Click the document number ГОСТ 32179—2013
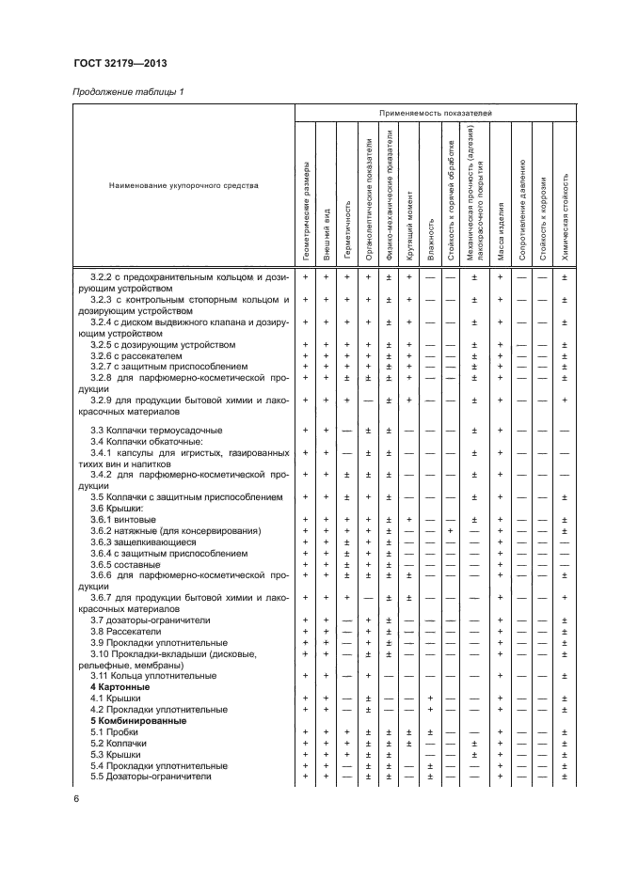114,64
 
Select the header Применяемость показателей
436,113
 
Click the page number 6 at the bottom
75,798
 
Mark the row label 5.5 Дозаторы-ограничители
151,777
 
